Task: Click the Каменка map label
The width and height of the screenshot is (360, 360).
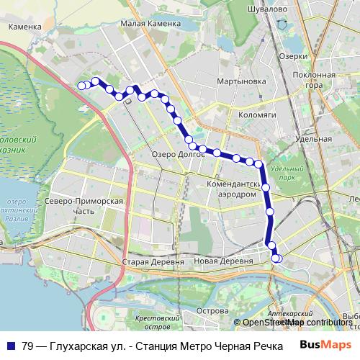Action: (x=24, y=26)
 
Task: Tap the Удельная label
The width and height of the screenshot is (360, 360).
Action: (x=314, y=138)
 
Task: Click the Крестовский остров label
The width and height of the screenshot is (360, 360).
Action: (x=156, y=321)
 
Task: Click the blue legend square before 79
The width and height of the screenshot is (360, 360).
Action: (x=11, y=346)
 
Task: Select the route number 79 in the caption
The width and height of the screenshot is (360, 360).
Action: (x=29, y=346)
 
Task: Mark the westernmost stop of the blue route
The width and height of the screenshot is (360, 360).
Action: (x=81, y=86)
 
